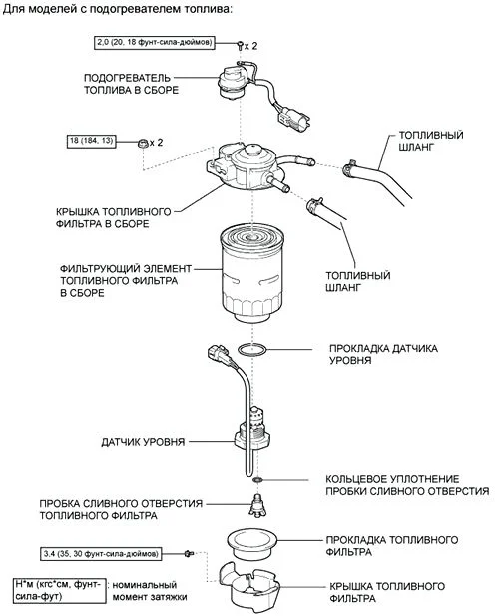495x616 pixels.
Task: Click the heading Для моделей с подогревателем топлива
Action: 119,9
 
